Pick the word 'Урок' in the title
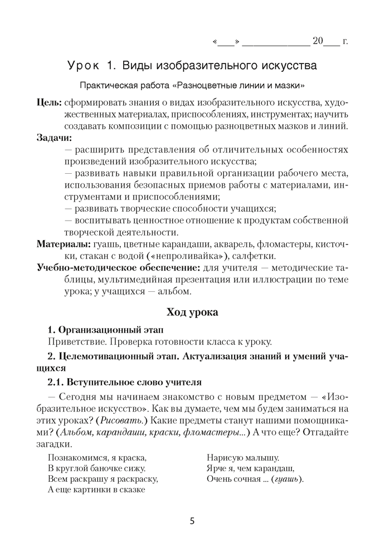[85, 66]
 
